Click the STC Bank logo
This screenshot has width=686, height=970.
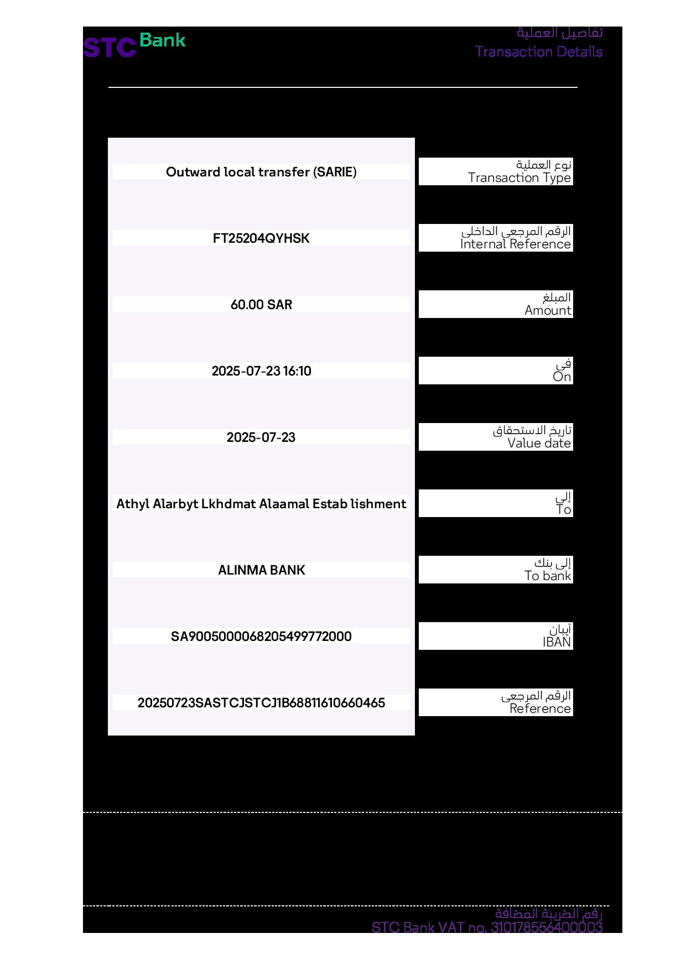134,45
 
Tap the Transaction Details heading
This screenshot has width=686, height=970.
538,52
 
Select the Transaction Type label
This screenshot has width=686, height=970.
519,178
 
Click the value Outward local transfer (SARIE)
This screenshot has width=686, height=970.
261,172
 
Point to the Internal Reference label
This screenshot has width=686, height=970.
515,244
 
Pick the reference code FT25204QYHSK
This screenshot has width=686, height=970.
261,238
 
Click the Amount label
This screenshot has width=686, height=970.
548,310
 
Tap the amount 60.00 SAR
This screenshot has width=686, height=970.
261,305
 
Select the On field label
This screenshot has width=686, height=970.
562,377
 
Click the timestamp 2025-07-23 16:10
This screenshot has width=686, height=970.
261,371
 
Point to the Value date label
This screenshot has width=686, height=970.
539,443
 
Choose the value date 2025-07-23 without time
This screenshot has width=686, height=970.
261,437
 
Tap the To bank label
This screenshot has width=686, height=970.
548,576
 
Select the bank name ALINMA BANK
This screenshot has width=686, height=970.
261,570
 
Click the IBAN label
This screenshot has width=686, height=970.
557,642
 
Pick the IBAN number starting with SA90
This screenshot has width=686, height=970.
261,637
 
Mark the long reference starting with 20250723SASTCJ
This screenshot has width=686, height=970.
261,703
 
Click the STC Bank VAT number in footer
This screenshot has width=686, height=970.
487,927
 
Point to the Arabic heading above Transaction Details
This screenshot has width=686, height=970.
559,33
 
